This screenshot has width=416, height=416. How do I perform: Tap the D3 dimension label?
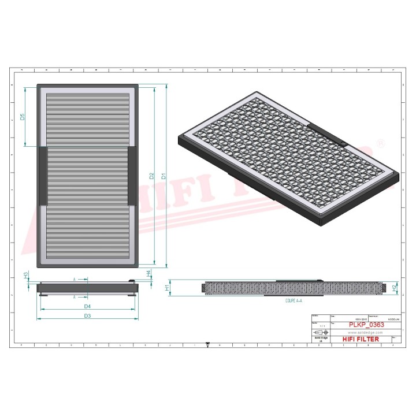click(x=87, y=316)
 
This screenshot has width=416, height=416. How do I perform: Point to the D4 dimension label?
click(x=87, y=306)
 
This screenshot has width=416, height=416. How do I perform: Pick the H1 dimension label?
click(x=168, y=287)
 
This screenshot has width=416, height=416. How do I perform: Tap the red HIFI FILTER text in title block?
click(x=361, y=339)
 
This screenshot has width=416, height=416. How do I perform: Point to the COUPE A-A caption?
click(x=294, y=301)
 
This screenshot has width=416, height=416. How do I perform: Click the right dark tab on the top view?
click(x=132, y=176)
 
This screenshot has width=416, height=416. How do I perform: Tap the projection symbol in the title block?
click(x=319, y=333)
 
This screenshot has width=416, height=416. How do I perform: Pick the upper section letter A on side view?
click(x=75, y=278)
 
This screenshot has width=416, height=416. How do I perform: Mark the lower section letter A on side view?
click(x=75, y=296)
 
